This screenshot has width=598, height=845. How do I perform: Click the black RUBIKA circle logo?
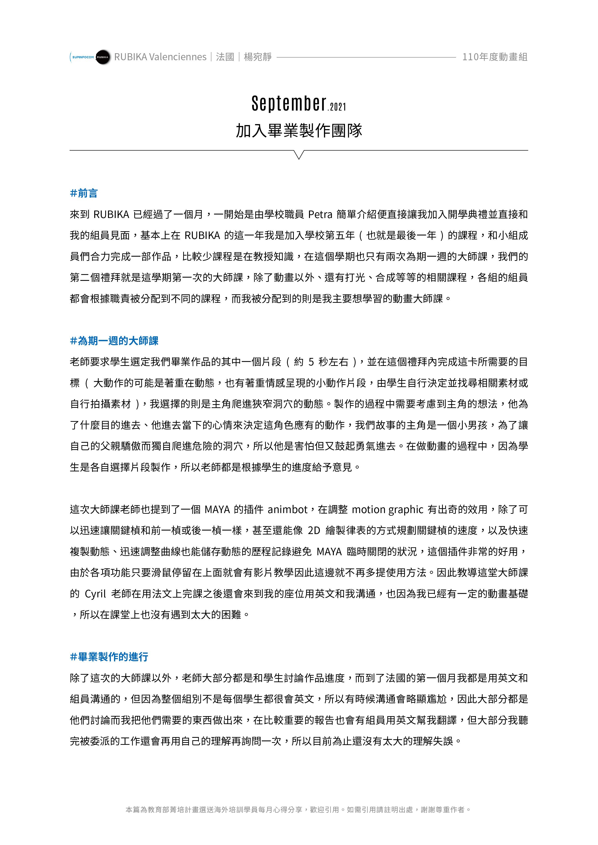(103, 57)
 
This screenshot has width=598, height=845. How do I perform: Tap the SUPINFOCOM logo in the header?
(82, 57)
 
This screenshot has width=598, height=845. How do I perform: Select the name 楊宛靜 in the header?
(258, 57)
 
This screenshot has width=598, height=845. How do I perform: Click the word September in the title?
(289, 104)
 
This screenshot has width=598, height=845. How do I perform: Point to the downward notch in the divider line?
(299, 155)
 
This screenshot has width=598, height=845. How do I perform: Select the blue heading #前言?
(84, 193)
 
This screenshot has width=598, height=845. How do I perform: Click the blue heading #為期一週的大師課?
(114, 341)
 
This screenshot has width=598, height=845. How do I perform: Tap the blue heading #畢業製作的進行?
(109, 657)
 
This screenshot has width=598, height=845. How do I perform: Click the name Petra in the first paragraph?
(320, 214)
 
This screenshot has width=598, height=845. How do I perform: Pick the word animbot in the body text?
(288, 510)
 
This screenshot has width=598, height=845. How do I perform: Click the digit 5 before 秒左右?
(311, 362)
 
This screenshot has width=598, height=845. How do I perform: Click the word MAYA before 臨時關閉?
(329, 552)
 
